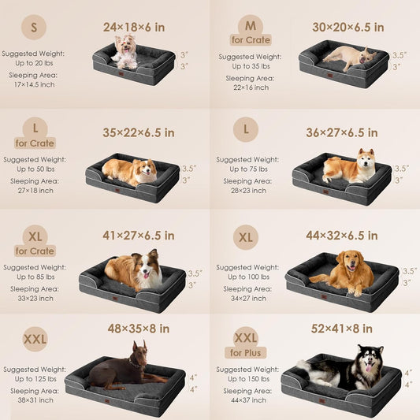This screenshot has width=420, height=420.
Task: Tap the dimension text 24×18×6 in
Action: [134, 27]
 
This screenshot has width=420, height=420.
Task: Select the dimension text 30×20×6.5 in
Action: [348, 27]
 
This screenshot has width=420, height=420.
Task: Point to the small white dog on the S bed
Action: [125, 52]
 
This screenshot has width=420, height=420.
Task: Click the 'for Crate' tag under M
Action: [251, 39]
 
